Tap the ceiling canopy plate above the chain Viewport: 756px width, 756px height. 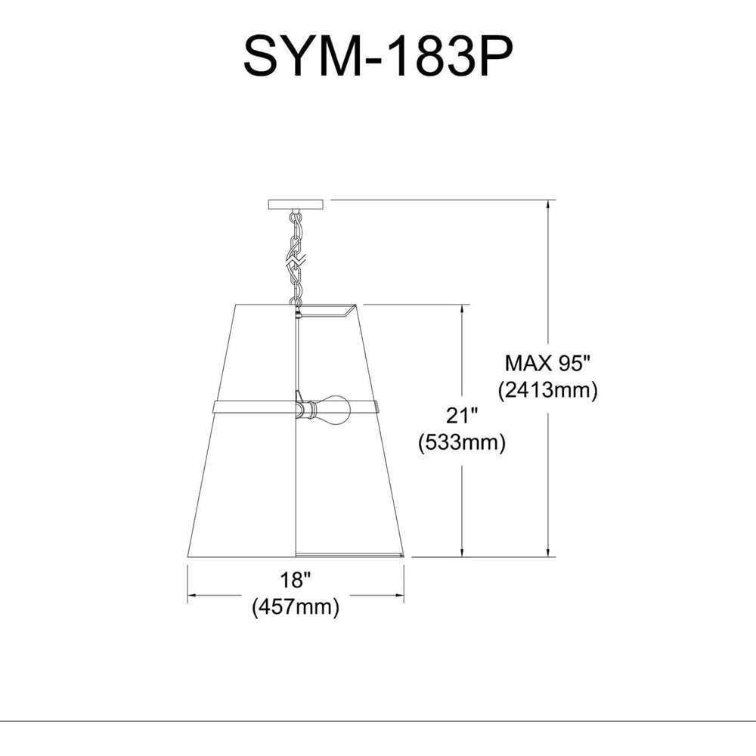coord(298,204)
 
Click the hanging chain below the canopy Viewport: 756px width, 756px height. coord(296,253)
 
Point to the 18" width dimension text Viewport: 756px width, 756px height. coord(295,581)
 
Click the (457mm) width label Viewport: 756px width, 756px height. coord(295,606)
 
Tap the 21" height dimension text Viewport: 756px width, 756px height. coord(461,416)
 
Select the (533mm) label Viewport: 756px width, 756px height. coord(461,442)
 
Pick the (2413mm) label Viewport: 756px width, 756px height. coord(547,390)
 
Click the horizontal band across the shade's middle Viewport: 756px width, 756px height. coord(249,407)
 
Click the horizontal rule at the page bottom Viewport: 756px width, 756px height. coord(378,721)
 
